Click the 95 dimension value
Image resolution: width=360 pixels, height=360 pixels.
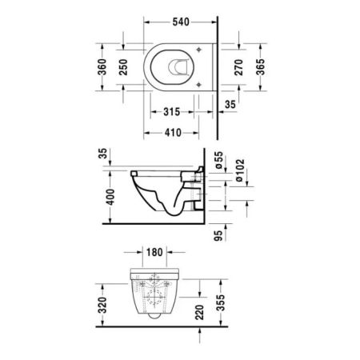click(x=218, y=235)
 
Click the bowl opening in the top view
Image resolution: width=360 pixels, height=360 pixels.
click(x=174, y=69)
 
